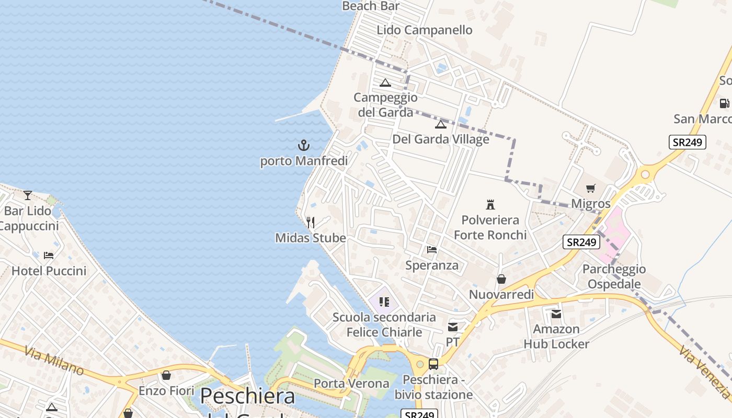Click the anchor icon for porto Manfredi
pos(304,145)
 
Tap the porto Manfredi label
pos(304,161)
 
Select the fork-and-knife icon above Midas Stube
pos(311,223)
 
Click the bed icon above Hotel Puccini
pos(49,256)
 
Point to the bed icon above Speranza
pos(432,250)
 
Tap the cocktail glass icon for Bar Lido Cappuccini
pos(28,195)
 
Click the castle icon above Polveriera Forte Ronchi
pos(490,204)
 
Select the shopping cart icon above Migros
pos(591,188)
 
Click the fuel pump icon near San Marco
pos(724,103)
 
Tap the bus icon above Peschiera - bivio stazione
pos(433,364)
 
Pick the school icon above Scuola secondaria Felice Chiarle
pos(384,301)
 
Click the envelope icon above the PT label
pos(453,327)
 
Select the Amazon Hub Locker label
pos(556,336)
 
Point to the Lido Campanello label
pos(425,30)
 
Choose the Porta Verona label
pos(351,384)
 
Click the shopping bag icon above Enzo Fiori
pos(166,375)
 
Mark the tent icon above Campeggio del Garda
pos(385,83)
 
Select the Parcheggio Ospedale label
pos(614,276)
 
